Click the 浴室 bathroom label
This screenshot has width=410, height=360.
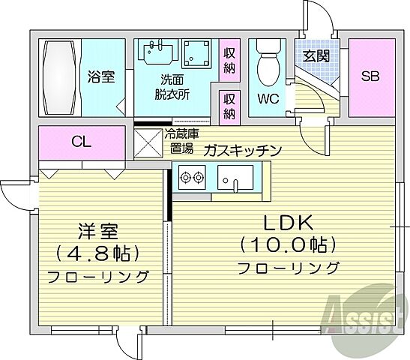100,76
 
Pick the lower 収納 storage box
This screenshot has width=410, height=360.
229,106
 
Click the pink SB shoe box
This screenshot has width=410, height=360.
370,76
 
